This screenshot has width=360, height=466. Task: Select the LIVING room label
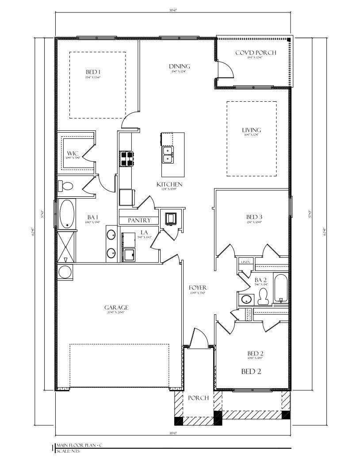(x=251, y=130)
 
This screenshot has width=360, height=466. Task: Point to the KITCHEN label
(x=169, y=184)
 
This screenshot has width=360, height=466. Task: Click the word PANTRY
(x=139, y=220)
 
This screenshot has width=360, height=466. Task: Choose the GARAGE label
(x=116, y=307)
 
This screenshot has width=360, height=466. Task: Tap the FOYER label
(x=198, y=288)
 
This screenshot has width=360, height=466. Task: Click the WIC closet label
(x=73, y=153)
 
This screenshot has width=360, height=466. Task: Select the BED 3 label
(x=254, y=217)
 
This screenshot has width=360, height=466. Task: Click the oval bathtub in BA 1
(x=67, y=214)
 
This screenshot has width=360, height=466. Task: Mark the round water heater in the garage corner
(x=65, y=272)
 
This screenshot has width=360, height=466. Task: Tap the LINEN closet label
(x=245, y=262)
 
